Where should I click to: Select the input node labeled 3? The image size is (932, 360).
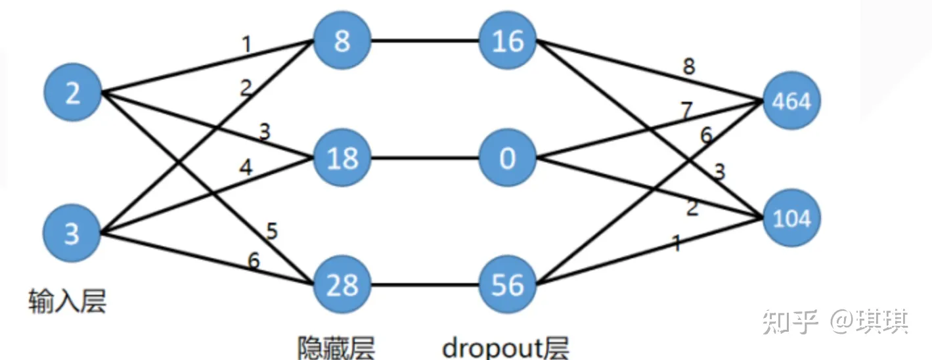click(72, 233)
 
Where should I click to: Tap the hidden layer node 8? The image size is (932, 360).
click(342, 41)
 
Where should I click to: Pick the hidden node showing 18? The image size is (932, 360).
click(342, 158)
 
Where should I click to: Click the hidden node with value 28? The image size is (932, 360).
click(342, 284)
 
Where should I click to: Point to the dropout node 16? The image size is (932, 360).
click(508, 41)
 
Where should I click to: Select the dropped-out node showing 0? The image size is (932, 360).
click(508, 158)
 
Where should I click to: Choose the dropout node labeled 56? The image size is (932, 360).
click(508, 284)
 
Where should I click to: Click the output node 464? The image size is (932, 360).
click(791, 102)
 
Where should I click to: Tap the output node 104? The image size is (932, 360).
click(791, 218)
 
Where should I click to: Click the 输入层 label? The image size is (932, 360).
click(68, 302)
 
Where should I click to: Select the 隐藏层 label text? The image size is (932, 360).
click(336, 346)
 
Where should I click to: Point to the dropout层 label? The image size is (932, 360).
click(505, 346)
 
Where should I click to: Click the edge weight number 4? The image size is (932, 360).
click(246, 168)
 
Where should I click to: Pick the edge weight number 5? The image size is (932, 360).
click(272, 231)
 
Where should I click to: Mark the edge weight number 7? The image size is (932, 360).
click(686, 110)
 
